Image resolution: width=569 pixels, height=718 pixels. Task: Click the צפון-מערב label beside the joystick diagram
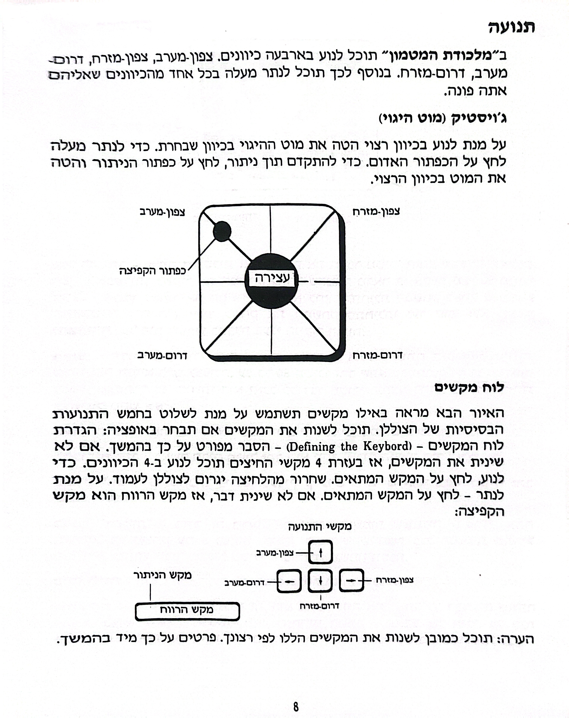(162, 212)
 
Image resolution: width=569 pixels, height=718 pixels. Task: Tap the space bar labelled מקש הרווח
(187, 611)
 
